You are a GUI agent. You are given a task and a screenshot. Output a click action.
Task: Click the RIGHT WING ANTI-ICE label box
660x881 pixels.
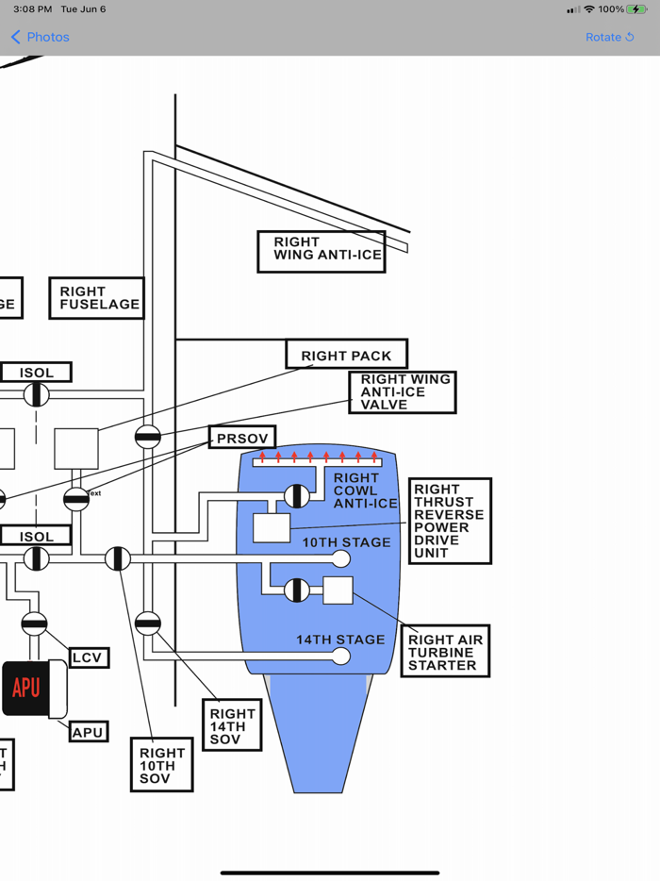coord(322,251)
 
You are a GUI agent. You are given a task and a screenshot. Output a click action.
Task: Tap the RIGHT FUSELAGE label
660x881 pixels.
coord(96,298)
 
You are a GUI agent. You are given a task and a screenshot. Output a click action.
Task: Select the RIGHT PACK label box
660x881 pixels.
coord(346,355)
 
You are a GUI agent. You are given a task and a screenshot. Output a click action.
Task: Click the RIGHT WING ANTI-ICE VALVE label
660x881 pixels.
coord(403,392)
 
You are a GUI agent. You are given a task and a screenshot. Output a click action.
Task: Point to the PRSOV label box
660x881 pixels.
coord(242,438)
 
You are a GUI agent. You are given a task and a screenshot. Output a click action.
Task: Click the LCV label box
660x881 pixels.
coord(89,657)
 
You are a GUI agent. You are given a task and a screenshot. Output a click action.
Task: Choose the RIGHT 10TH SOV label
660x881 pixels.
coord(162,765)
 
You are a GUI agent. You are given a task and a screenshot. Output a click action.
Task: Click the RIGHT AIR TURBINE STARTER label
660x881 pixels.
coord(445,652)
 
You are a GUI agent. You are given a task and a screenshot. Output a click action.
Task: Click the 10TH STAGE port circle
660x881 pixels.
coord(341,559)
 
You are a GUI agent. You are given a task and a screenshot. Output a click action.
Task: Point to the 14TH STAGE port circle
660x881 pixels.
coord(341,656)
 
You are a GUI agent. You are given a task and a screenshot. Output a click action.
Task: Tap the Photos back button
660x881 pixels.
coord(40,37)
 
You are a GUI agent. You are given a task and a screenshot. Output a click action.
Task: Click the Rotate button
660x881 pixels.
coord(609,37)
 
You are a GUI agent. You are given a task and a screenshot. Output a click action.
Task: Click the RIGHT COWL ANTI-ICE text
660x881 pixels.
coord(364,490)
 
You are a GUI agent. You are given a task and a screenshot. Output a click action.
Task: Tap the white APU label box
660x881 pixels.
coord(88,731)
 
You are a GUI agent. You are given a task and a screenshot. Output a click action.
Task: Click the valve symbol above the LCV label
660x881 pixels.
coord(34,623)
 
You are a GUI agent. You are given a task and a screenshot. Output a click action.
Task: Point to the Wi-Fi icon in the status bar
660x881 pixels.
coord(589,9)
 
